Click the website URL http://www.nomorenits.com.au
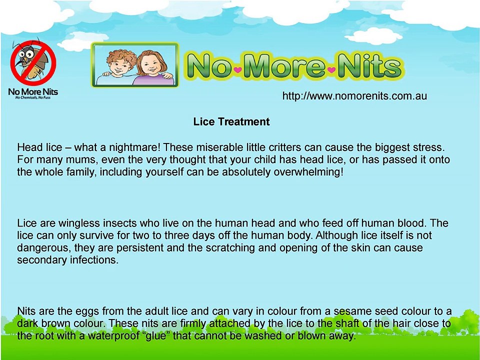354,95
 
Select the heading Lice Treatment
231,122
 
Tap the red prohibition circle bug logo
33,62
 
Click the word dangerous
42,248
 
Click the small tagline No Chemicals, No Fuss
33,97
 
